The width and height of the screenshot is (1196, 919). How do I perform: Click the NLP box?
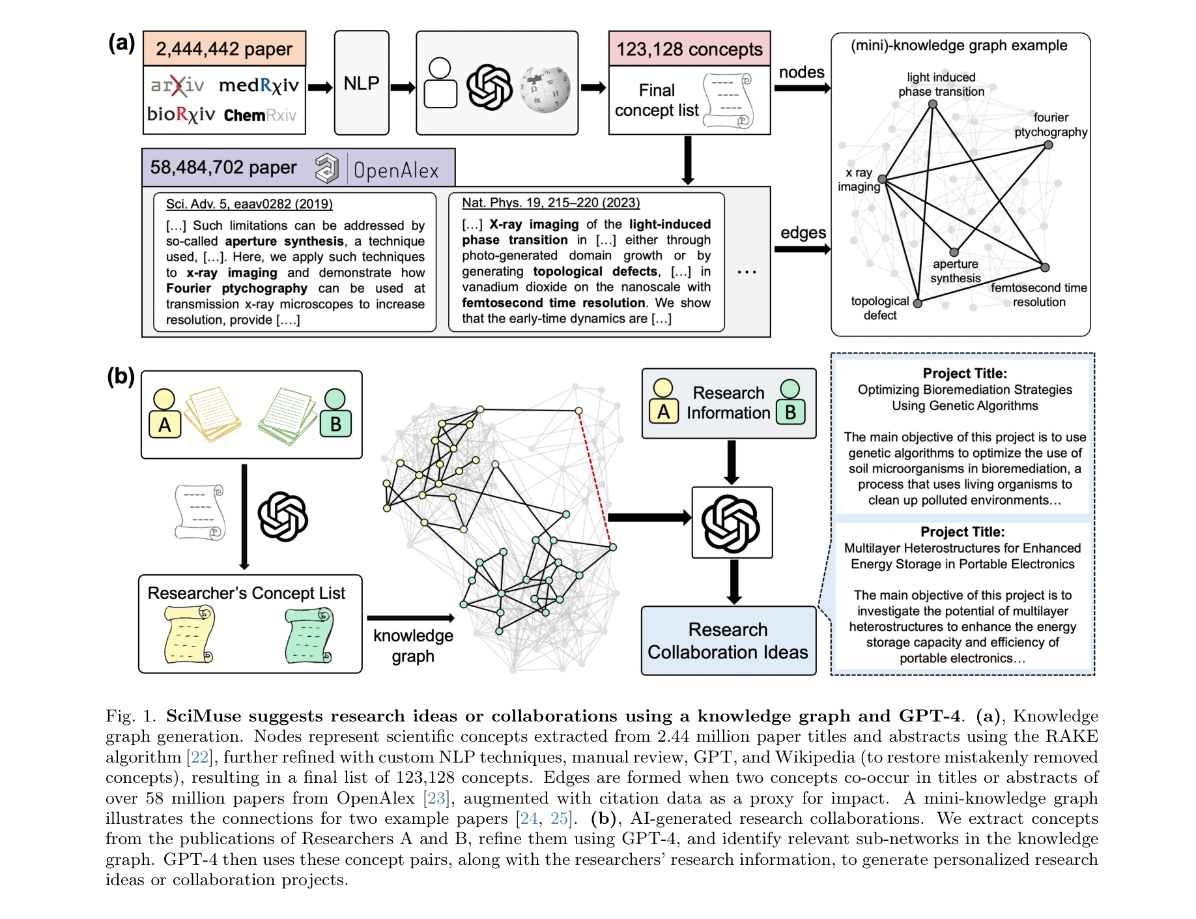[x=362, y=83]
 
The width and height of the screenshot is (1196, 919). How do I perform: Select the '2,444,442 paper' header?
[x=224, y=49]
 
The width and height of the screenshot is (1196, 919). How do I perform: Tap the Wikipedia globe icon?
[x=545, y=89]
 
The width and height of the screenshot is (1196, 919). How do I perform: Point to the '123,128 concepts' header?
[x=689, y=49]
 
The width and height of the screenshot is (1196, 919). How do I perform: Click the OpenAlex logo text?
[x=396, y=171]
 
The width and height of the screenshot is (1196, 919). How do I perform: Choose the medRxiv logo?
[x=259, y=85]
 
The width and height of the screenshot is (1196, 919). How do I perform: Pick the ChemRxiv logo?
[x=260, y=115]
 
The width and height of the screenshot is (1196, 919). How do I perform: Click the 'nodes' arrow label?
[x=801, y=72]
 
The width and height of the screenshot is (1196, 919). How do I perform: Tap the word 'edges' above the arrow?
[x=803, y=233]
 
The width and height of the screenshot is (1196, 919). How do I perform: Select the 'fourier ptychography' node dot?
[x=1048, y=145]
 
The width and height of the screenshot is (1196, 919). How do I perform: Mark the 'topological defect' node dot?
[x=917, y=303]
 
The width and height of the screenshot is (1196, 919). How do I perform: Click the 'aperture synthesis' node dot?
[x=954, y=252]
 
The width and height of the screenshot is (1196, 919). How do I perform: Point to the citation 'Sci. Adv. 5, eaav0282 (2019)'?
[x=249, y=204]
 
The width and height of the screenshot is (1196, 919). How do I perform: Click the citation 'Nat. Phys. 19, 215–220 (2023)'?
[x=550, y=203]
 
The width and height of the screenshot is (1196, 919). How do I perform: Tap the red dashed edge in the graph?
[x=595, y=479]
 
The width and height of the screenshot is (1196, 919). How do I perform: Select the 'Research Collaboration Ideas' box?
[x=728, y=641]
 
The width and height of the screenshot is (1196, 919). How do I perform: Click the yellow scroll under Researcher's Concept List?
[x=190, y=634]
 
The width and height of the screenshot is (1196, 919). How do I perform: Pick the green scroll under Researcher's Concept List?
[x=309, y=634]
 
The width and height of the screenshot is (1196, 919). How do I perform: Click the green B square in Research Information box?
[x=790, y=412]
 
